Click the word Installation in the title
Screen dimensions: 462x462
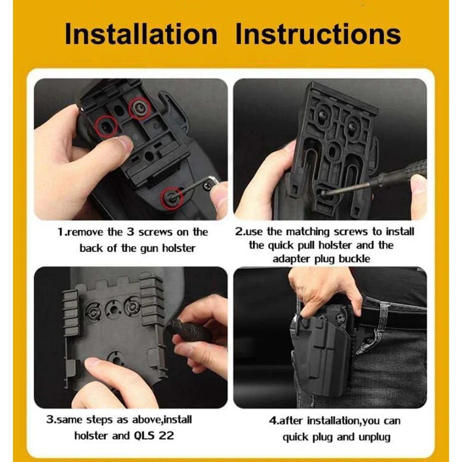(x=141, y=35)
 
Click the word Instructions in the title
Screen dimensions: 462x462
(x=318, y=35)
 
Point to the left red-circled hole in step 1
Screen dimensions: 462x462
(x=105, y=126)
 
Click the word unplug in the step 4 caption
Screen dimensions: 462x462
(x=373, y=437)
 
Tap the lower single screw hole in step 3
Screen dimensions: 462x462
(x=113, y=357)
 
